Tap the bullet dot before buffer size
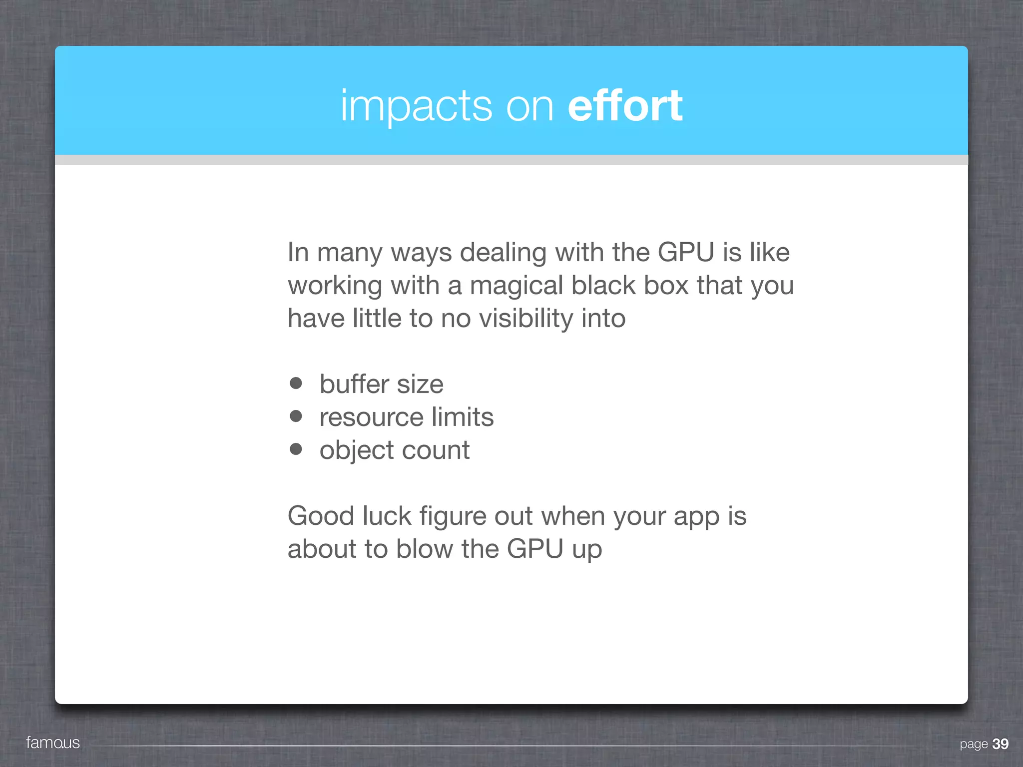click(x=296, y=383)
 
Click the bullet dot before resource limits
click(x=296, y=416)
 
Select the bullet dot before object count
click(x=296, y=449)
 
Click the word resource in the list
click(x=371, y=417)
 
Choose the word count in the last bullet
click(x=436, y=450)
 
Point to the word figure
click(x=453, y=517)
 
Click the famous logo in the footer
click(x=53, y=743)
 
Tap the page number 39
click(x=1000, y=744)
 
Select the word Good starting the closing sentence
click(x=320, y=516)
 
